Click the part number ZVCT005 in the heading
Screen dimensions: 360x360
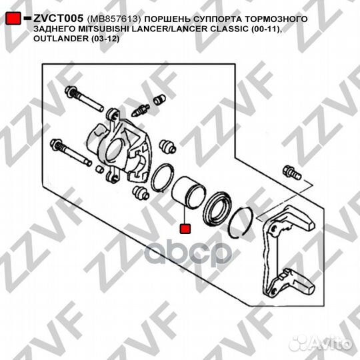58,18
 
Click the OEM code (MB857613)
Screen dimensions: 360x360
113,19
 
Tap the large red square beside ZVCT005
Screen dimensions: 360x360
13,19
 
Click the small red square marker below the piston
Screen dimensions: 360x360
185,229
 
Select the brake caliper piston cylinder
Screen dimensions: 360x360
189,192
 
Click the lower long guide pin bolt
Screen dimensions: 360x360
71,152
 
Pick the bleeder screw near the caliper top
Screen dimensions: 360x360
140,111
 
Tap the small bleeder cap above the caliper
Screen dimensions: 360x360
159,100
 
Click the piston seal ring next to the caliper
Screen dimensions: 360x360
162,177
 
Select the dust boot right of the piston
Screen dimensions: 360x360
217,208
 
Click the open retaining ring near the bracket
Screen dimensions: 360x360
241,222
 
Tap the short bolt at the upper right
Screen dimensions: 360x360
292,173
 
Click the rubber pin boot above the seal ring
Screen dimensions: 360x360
167,147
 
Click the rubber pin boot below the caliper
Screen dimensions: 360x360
141,193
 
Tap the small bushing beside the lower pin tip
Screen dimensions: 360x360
99,169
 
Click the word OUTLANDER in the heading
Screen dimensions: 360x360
61,39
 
